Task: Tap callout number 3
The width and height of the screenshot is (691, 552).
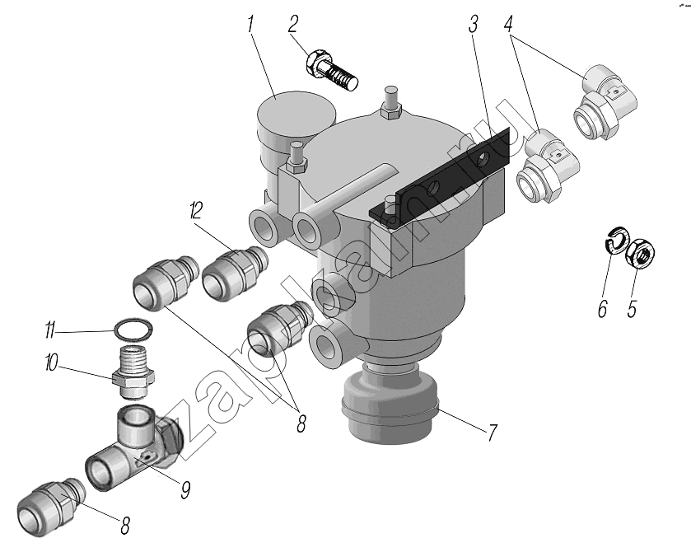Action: point(473,25)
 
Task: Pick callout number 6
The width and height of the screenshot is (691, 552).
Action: point(602,309)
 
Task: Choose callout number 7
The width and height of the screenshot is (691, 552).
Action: point(491,432)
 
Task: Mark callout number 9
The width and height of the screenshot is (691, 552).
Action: point(186,490)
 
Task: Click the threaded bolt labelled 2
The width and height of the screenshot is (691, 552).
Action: point(333,70)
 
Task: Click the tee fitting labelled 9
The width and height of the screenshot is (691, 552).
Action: point(132,449)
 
